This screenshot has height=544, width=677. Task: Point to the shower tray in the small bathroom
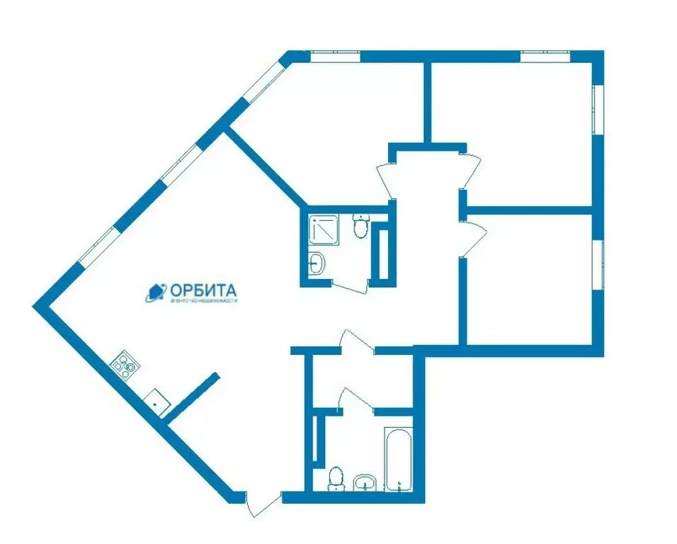pos(325,229)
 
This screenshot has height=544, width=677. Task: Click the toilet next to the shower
pos(360,226)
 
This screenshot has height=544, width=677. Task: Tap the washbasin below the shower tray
pos(318,263)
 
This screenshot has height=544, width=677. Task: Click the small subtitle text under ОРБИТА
pos(203,301)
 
